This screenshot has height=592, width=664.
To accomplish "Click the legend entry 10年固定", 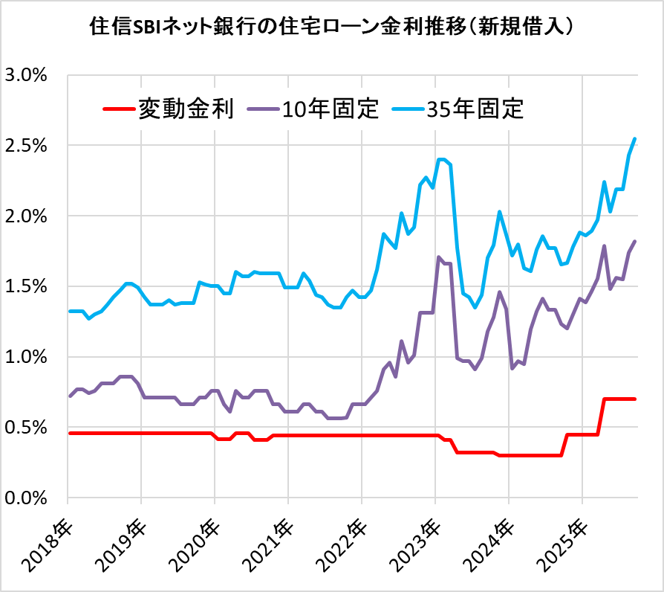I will click(331, 109).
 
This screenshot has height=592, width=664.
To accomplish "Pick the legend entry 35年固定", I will click(476, 109).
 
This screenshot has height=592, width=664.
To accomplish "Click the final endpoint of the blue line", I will click(634, 139).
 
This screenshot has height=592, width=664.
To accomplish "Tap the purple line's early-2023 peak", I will click(439, 257).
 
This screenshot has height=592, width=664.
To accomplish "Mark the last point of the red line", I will click(634, 399).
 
